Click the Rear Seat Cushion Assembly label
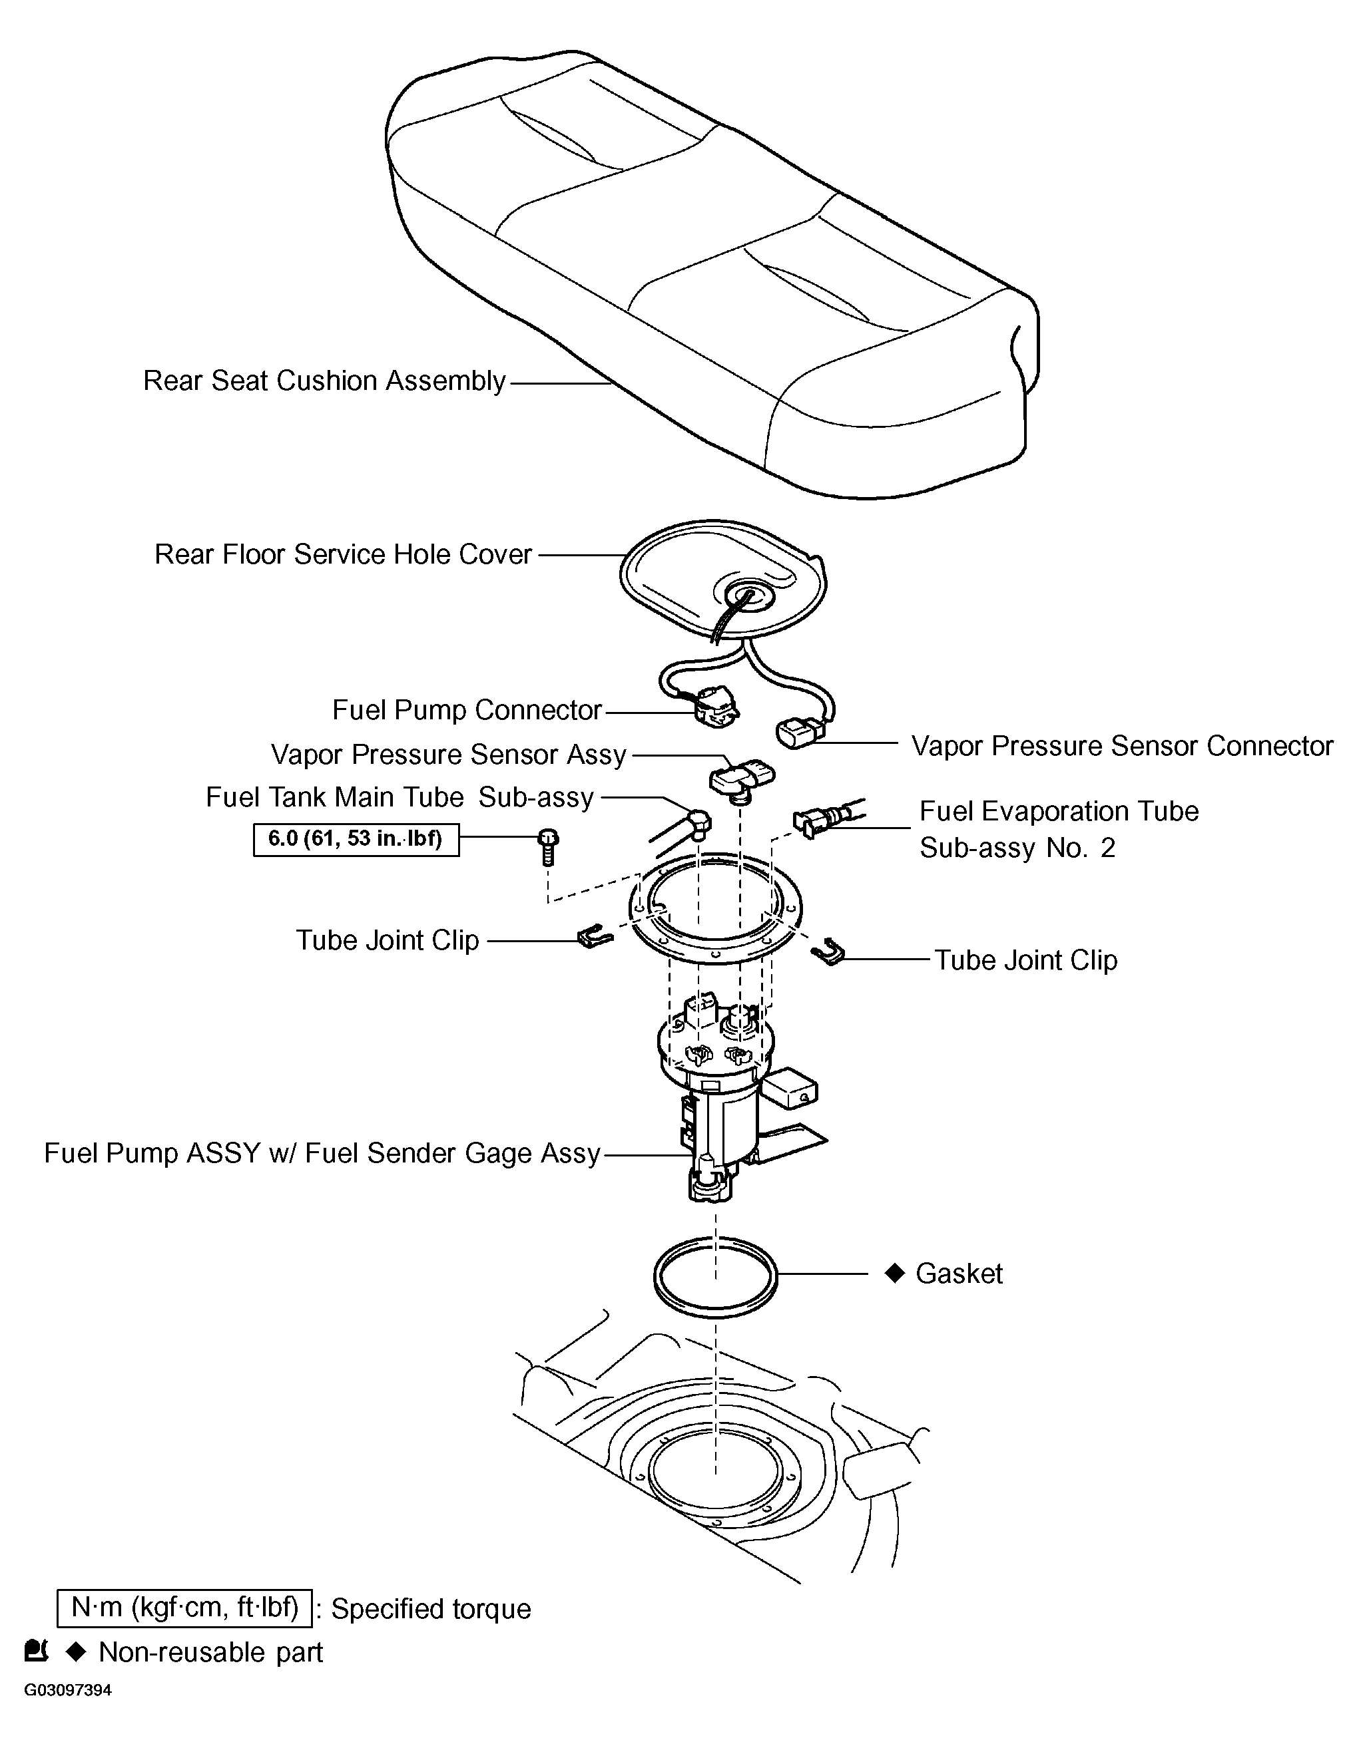324,381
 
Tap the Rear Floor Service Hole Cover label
342,554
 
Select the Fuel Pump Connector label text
466,710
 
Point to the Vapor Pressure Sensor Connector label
1121,746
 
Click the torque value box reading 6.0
356,840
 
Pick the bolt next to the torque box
548,846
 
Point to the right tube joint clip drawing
829,952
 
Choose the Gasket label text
958,1274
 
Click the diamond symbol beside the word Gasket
894,1273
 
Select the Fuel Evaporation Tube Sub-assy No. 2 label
1058,829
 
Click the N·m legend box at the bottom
184,1608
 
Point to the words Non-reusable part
210,1652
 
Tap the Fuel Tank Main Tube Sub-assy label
399,798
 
